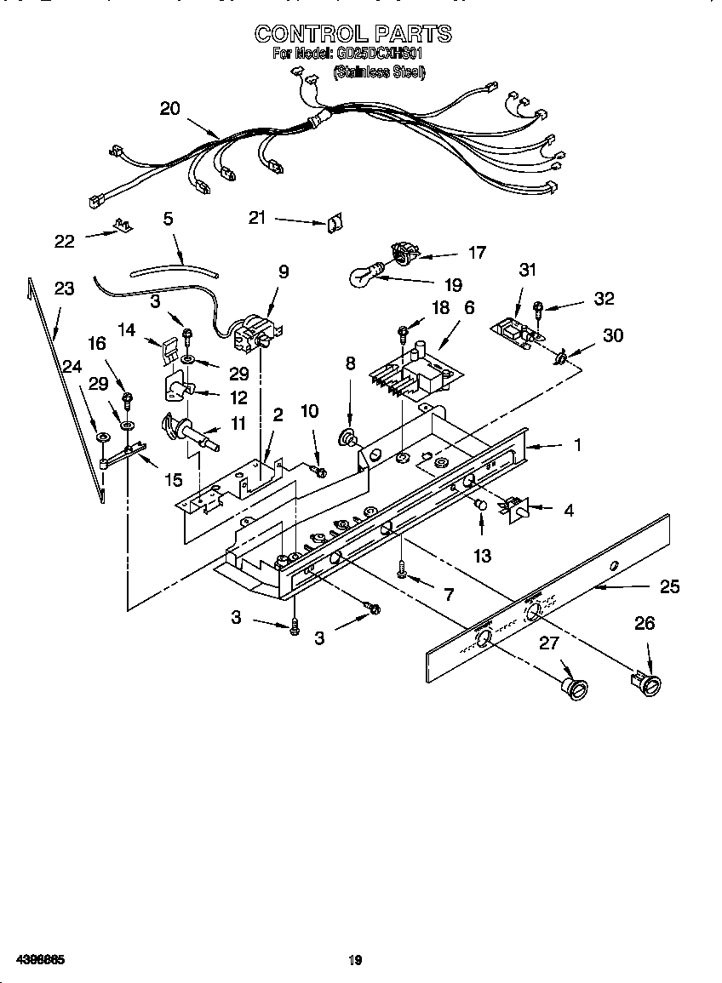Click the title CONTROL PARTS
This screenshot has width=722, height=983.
353,34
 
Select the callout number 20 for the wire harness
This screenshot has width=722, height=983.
170,108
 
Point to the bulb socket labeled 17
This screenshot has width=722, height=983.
403,251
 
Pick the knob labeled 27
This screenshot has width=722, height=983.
576,688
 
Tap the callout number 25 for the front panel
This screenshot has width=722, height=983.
670,586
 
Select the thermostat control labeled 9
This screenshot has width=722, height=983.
253,332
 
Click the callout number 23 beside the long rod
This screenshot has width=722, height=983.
64,289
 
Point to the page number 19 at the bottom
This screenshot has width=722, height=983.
355,960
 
